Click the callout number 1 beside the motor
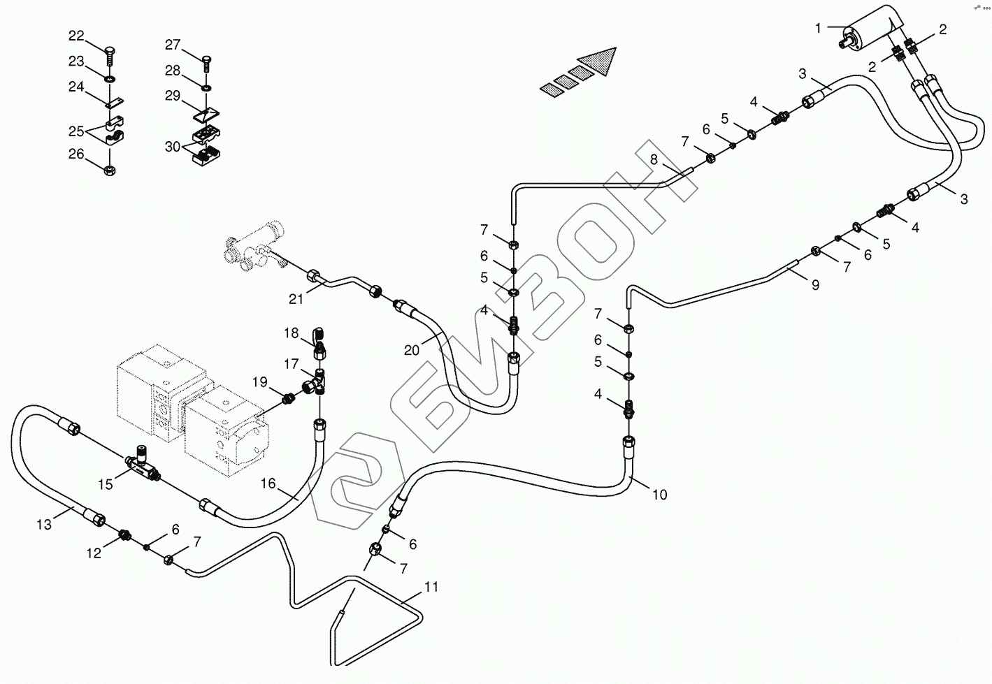pyautogui.click(x=817, y=28)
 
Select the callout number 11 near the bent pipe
pyautogui.click(x=431, y=587)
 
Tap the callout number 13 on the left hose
pyautogui.click(x=44, y=524)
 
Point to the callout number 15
pyautogui.click(x=105, y=484)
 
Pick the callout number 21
pyautogui.click(x=296, y=299)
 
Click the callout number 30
pyautogui.click(x=172, y=147)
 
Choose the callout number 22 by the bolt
pyautogui.click(x=76, y=36)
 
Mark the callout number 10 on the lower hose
pyautogui.click(x=659, y=495)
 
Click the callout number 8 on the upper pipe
pyautogui.click(x=654, y=159)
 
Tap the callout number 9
pyautogui.click(x=815, y=285)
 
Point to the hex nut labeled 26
pyautogui.click(x=110, y=170)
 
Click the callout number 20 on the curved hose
pyautogui.click(x=412, y=349)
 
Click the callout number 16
pyautogui.click(x=269, y=483)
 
